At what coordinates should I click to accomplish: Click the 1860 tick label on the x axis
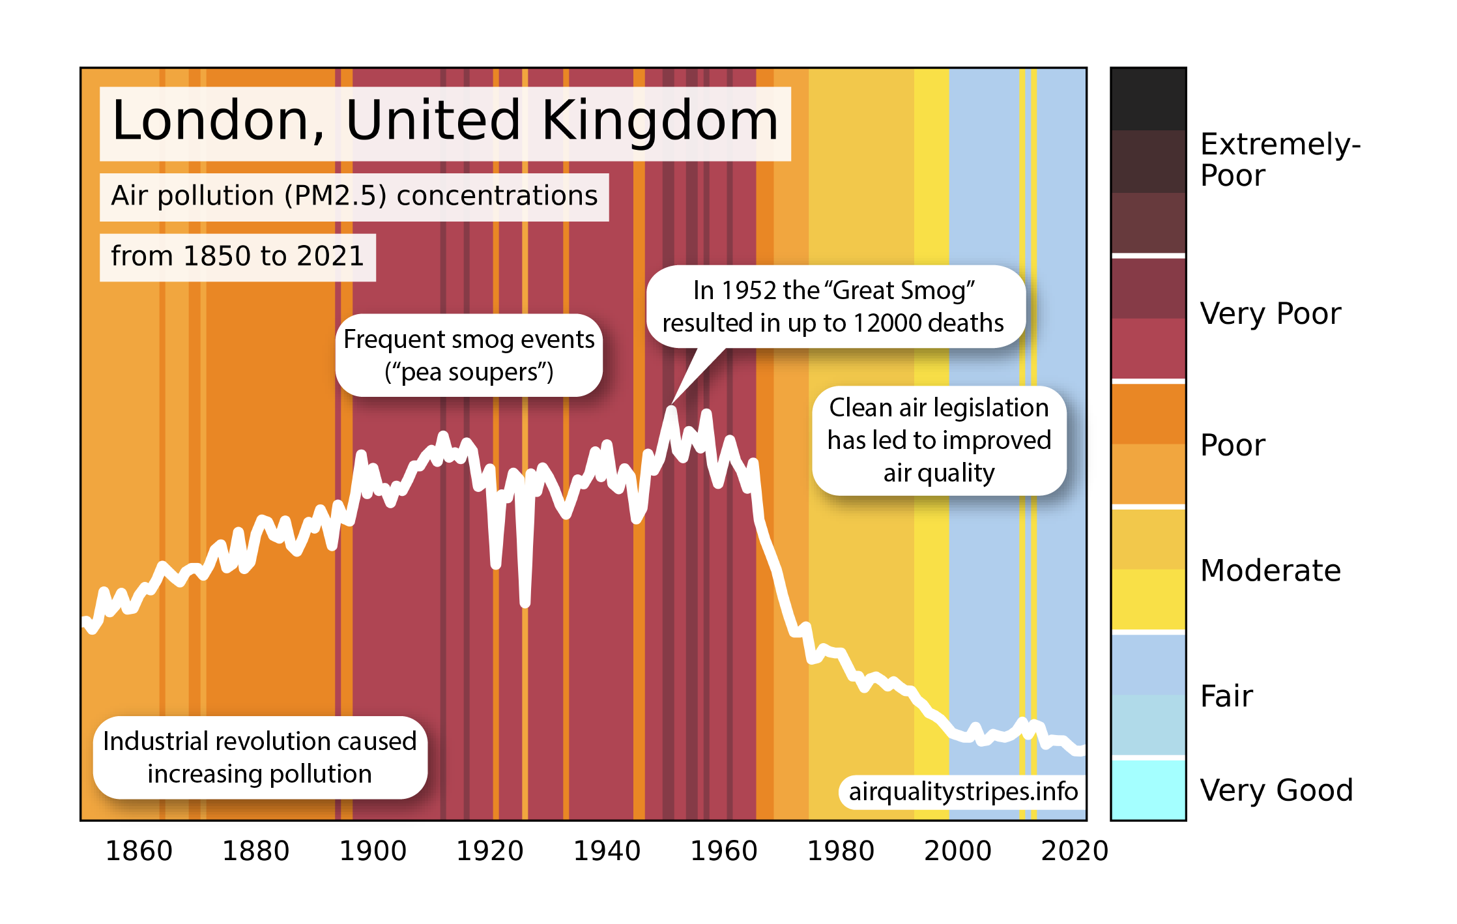pos(139,851)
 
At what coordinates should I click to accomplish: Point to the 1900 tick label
pos(373,851)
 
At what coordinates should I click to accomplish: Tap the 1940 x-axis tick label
pos(607,851)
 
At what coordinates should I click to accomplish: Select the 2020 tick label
pos(1075,851)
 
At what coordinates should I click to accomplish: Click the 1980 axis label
pos(841,851)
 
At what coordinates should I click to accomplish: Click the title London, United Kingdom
pos(445,123)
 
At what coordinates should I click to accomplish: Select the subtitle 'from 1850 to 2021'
pos(237,257)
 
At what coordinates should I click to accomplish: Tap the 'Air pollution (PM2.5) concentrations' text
pos(354,196)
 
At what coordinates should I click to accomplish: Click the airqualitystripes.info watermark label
pos(963,792)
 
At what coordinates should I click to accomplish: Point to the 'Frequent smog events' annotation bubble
pos(469,356)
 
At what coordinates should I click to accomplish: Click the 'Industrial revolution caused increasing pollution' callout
pos(259,758)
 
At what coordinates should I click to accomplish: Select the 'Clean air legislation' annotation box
pos(939,440)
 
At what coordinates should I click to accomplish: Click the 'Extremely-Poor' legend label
pos(1279,160)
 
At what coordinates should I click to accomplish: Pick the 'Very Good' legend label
pos(1276,790)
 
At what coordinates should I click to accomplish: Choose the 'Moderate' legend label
pos(1270,571)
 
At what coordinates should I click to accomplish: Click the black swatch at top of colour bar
pos(1147,100)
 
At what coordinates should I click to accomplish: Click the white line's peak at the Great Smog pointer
pos(671,410)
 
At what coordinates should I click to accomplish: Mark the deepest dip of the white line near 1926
pos(525,603)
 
